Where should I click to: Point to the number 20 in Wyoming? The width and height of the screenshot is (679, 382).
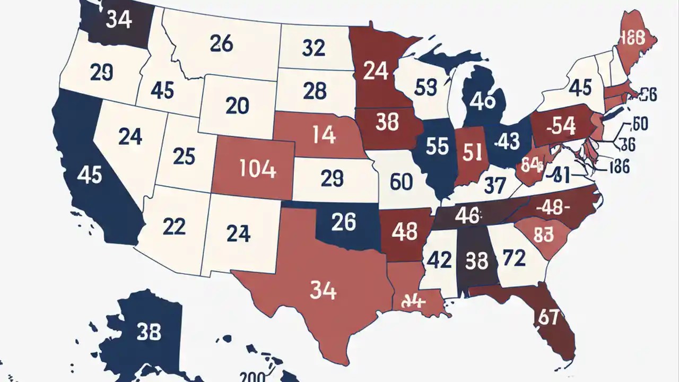click(237, 106)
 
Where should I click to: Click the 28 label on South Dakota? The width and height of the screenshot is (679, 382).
click(315, 91)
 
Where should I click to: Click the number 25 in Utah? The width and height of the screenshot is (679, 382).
click(184, 156)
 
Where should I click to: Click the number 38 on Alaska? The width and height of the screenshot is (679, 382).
click(149, 332)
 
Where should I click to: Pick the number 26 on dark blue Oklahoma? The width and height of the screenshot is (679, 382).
click(343, 222)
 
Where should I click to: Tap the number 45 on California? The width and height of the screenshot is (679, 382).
click(90, 174)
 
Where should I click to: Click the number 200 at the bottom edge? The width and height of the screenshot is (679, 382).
click(253, 376)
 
